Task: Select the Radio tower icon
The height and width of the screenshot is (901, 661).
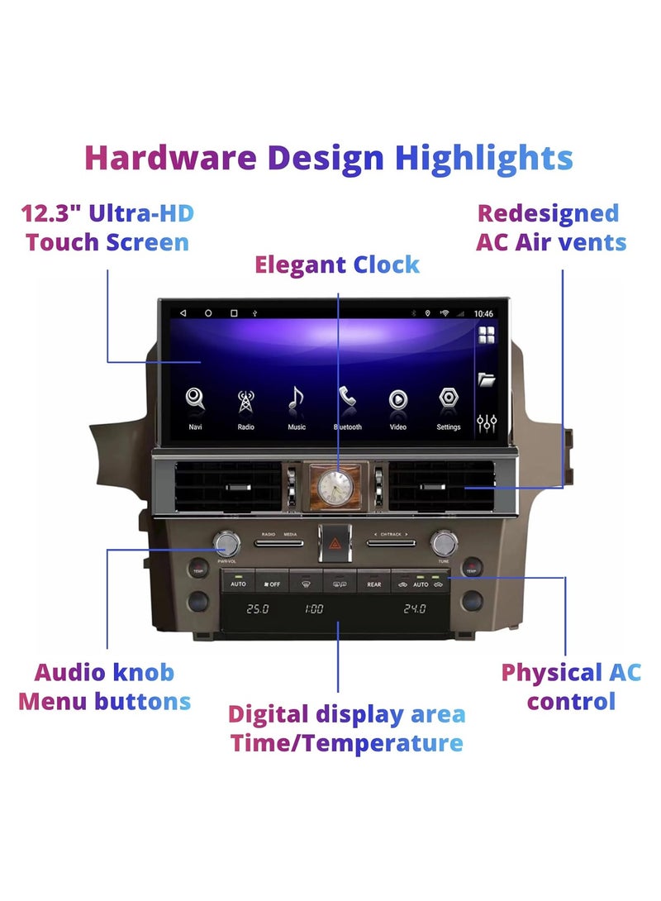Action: point(245,400)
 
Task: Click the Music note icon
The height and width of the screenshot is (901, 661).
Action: point(296,400)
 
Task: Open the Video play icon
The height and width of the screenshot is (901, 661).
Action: point(397,400)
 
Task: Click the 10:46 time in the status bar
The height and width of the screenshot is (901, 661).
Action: point(484,314)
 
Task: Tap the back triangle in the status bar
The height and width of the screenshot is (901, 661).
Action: point(183,313)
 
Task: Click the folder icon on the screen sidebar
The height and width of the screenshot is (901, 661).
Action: point(487,379)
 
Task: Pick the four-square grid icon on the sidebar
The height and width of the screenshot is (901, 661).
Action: point(487,335)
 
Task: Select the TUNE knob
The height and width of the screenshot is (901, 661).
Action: point(444,542)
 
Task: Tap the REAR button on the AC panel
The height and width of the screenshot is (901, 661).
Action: point(374,584)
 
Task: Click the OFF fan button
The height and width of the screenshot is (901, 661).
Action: point(272,584)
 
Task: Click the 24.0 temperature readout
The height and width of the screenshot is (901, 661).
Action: point(414,609)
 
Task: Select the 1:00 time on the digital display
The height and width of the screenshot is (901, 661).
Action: point(314,609)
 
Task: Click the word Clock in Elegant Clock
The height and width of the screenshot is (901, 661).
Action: point(387,265)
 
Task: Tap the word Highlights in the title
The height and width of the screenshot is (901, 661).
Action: point(483,158)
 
